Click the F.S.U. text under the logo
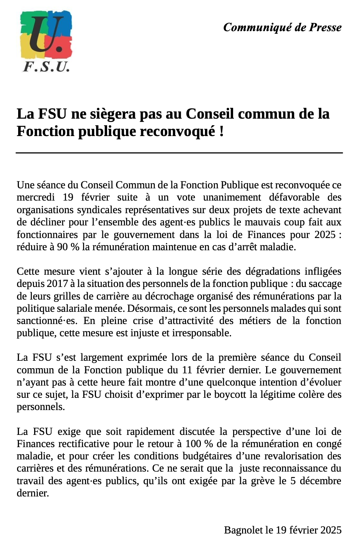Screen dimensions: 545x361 click(46, 67)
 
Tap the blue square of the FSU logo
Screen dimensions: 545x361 click(63, 22)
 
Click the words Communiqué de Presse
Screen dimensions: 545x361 click(282, 27)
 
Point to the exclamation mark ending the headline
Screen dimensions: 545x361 click(222, 131)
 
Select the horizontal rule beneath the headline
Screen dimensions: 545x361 click(179, 152)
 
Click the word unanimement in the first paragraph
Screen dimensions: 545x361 click(232, 197)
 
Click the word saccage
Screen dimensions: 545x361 click(325, 284)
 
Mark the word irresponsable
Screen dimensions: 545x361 click(202, 333)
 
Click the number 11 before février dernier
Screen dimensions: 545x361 click(187, 370)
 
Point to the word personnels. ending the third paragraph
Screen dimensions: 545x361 click(41, 407)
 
